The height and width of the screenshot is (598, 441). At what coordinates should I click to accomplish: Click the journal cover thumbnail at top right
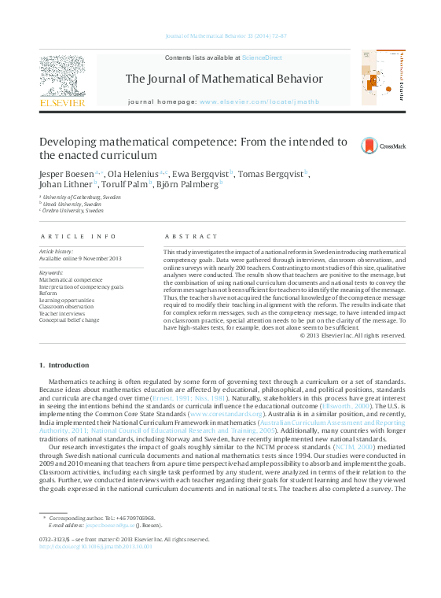tap(383, 77)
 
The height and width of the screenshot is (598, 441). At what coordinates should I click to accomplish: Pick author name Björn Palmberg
tap(194, 186)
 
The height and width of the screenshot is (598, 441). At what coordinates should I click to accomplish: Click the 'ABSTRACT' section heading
tap(191, 236)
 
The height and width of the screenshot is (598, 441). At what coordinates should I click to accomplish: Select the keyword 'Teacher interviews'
tap(64, 314)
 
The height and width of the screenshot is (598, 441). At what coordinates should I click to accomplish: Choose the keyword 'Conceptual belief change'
tap(69, 320)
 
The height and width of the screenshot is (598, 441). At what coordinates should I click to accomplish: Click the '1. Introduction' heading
tap(64, 365)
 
